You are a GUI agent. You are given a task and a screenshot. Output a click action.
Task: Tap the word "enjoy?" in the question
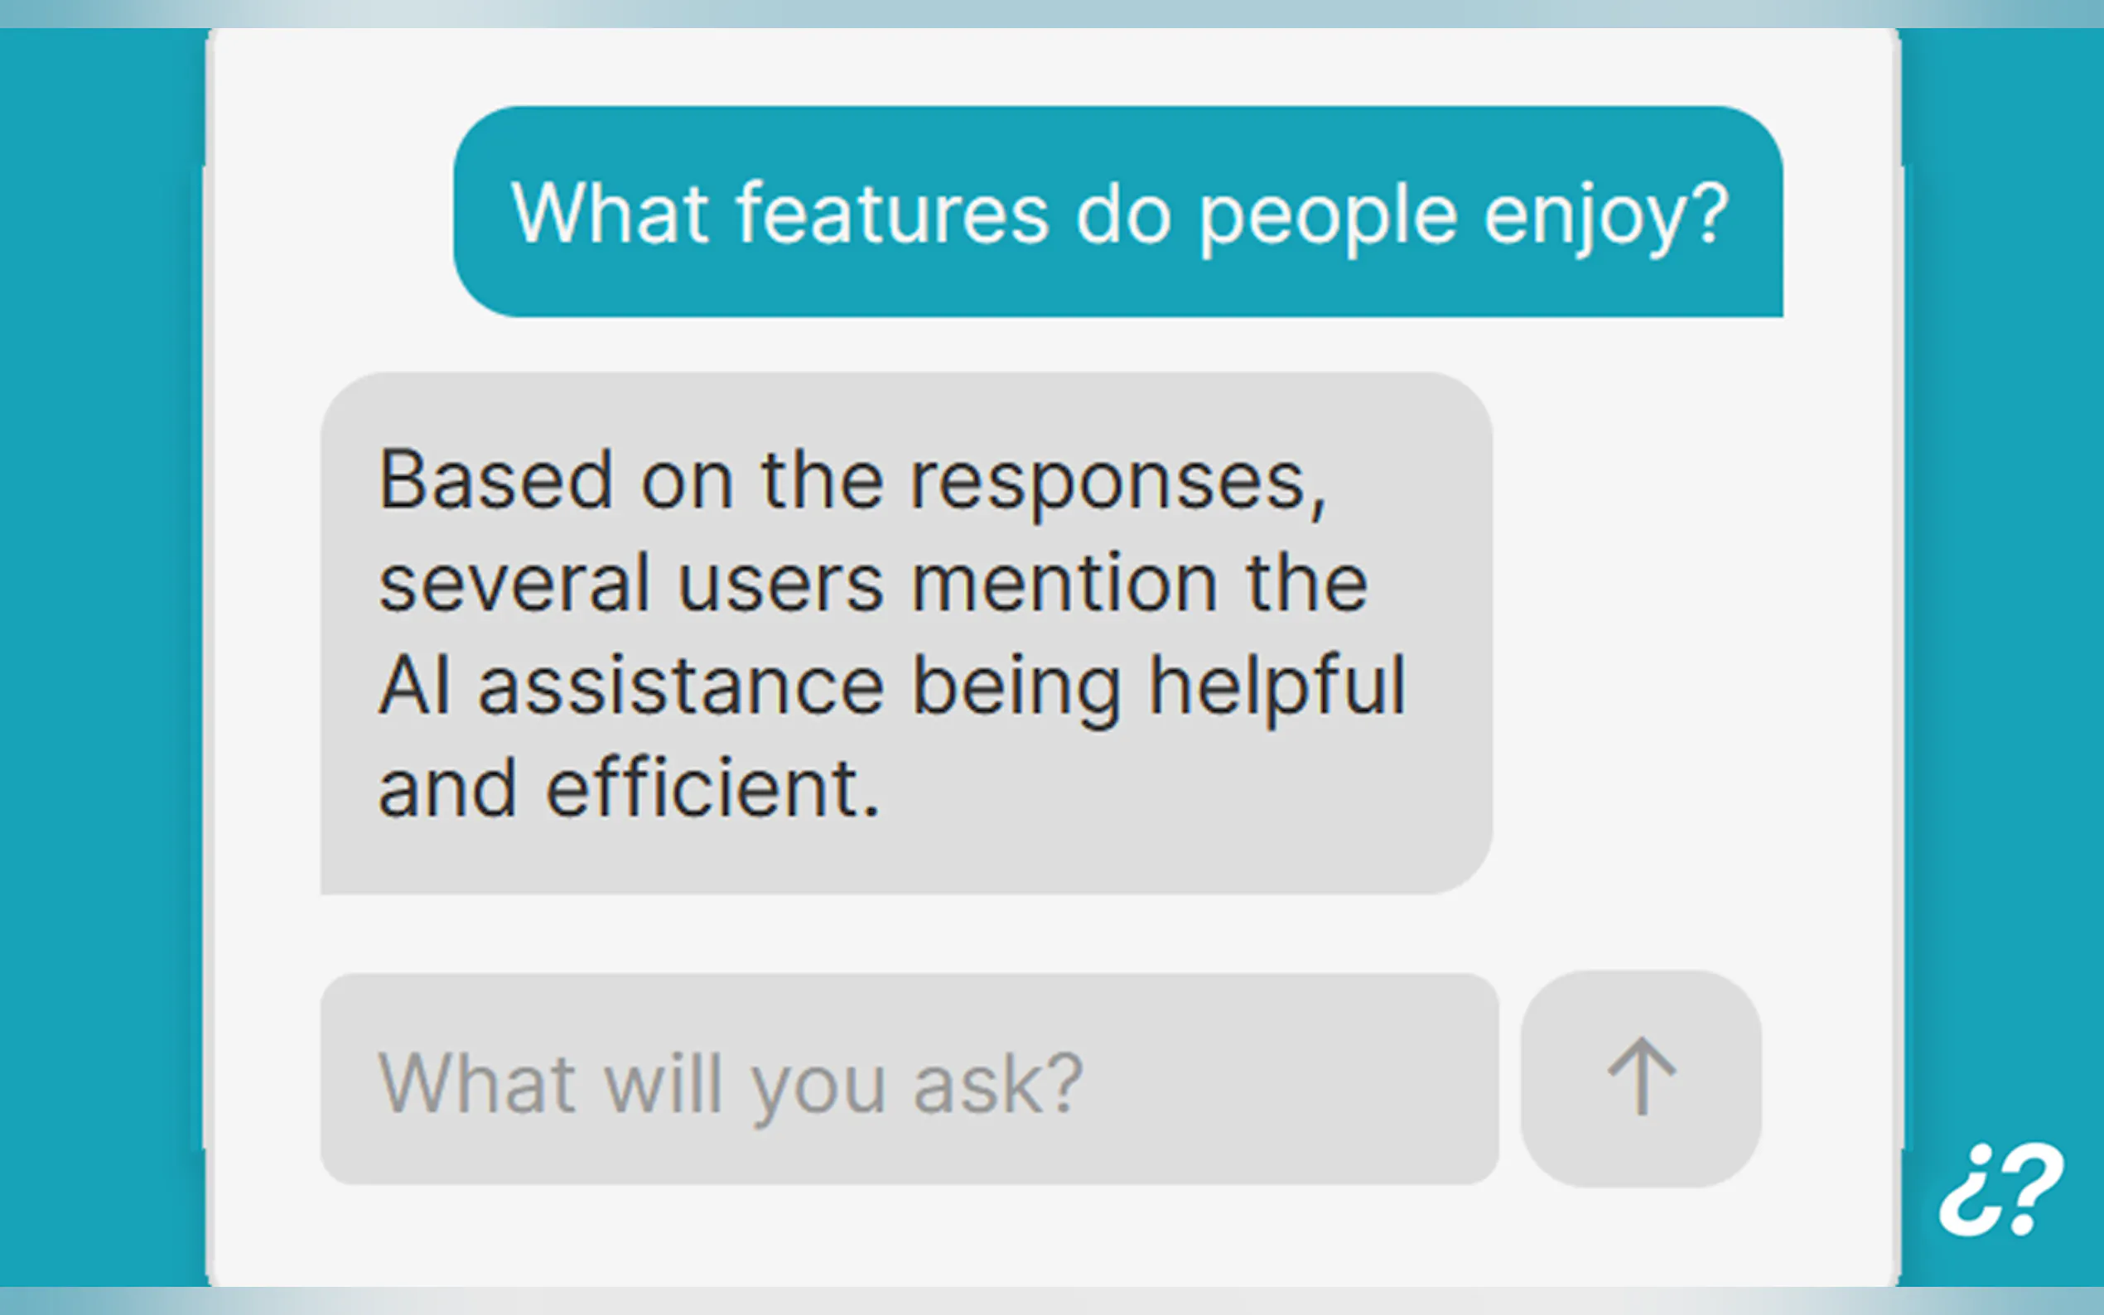pos(1605,219)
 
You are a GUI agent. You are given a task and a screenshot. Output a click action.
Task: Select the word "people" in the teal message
pos(1327,219)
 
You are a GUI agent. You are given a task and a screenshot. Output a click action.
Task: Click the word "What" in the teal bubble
pos(609,213)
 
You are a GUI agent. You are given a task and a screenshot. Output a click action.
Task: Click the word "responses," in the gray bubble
pos(1118,484)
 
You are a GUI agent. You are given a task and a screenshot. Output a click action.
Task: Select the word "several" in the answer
pos(514,583)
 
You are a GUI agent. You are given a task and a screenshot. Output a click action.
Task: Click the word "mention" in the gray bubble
pos(1064,583)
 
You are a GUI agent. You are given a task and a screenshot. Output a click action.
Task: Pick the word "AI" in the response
pos(415,686)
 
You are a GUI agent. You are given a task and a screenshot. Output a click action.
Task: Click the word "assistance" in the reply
pos(681,686)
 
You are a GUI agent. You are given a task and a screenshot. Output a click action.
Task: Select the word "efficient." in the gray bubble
pos(712,788)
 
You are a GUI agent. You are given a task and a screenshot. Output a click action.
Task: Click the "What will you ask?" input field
pos(909,1079)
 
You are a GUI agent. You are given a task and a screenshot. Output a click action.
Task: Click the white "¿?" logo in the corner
pos(2001,1189)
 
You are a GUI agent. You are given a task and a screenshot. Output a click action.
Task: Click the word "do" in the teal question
pos(1124,213)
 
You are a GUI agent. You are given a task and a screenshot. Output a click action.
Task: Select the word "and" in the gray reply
pos(448,788)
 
